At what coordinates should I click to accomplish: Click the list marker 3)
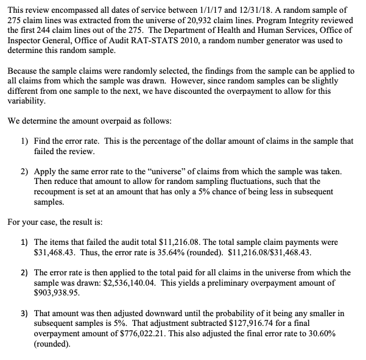(24, 314)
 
